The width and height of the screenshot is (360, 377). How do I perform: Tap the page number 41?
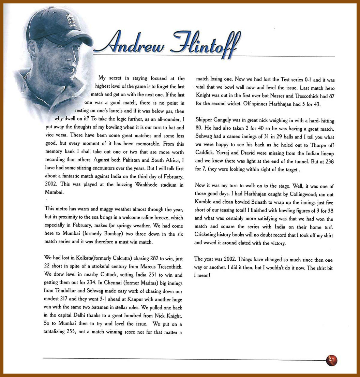tap(331, 360)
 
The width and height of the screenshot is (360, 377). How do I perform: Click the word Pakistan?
tap(142, 160)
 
